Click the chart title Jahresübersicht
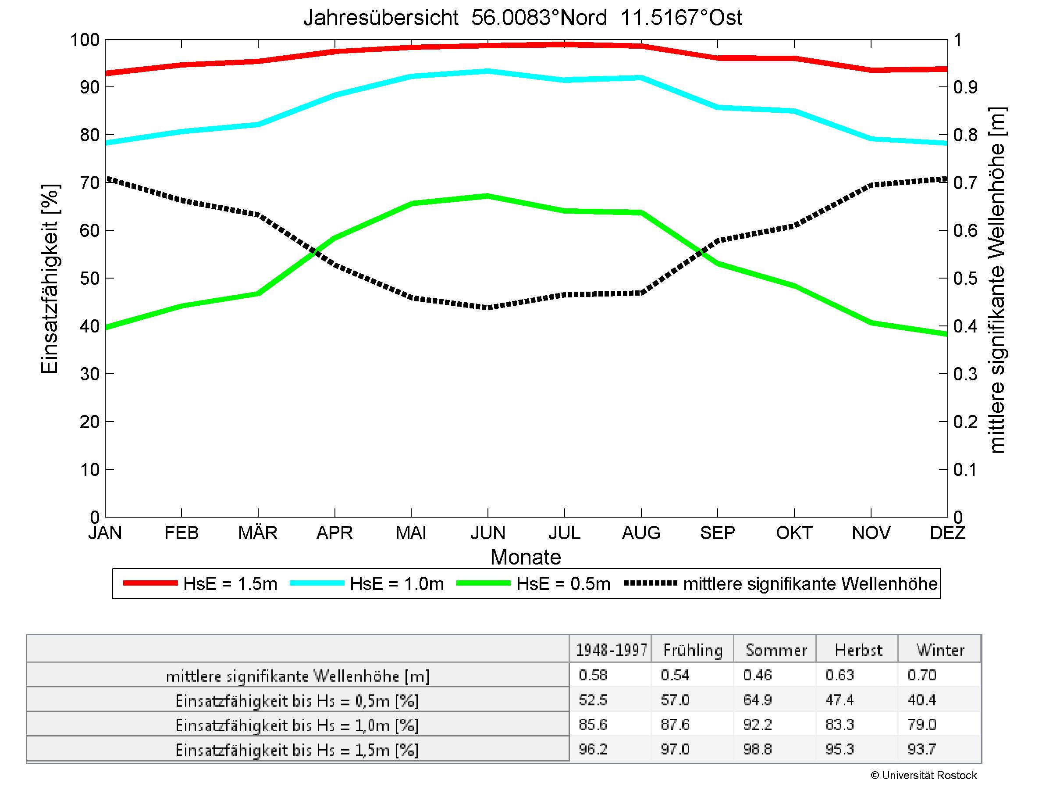coord(522,18)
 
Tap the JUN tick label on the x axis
coord(487,533)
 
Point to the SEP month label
coord(717,533)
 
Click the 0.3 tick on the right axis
coord(965,374)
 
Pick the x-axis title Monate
coord(526,557)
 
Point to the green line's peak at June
coord(488,196)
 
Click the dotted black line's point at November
coord(871,185)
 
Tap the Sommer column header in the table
coord(776,650)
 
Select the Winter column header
coord(940,650)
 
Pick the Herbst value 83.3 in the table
coord(840,725)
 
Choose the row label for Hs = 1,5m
coord(297,750)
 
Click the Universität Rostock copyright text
coord(924,775)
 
